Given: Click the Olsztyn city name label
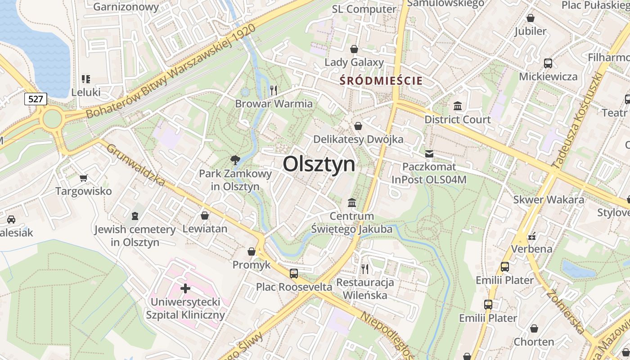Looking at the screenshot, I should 319,164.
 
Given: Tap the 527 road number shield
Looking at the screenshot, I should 36,99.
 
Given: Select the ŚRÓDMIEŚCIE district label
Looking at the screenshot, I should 381,81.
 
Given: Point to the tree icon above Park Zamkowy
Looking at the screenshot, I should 235,160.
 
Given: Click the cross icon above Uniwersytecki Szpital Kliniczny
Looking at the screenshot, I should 185,288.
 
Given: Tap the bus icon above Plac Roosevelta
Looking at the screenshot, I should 294,273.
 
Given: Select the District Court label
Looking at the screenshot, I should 458,120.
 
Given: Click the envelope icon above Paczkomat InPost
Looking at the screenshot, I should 429,154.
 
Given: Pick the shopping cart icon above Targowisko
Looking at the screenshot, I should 83,178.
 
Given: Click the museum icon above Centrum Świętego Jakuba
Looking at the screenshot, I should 352,203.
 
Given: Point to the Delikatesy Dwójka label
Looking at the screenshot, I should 358,139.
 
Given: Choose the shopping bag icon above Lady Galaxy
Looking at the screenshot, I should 354,49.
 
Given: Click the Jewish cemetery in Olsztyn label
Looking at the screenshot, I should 135,236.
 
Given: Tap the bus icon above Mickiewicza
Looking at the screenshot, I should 548,63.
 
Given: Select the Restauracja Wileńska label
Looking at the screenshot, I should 365,289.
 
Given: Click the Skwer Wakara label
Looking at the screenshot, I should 549,199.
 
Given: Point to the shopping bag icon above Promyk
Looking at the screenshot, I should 252,252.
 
